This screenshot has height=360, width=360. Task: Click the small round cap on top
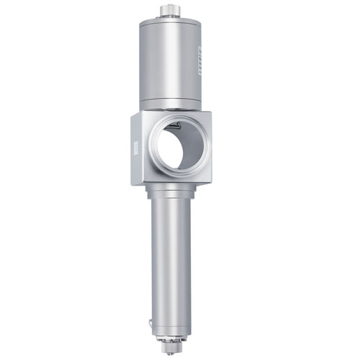(170, 11)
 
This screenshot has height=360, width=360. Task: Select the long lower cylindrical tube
(171, 259)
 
